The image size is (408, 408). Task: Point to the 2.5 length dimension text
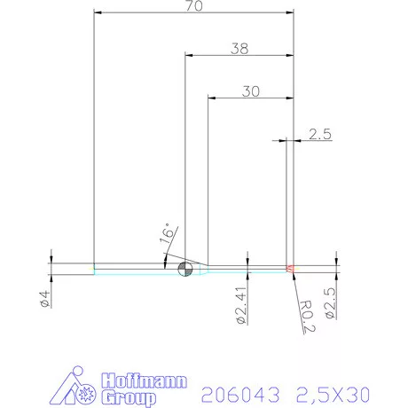(x=319, y=135)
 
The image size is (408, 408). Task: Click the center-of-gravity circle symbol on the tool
(x=184, y=270)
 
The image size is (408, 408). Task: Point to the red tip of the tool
(x=290, y=268)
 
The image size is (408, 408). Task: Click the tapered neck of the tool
(x=203, y=268)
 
